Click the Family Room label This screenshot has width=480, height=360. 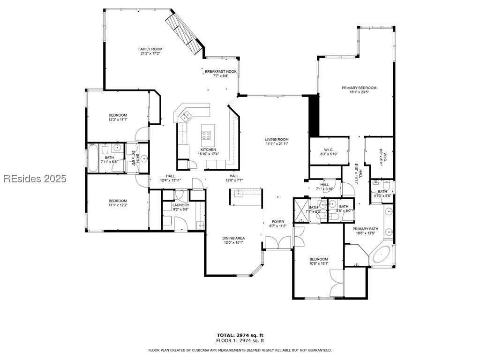pos(150,49)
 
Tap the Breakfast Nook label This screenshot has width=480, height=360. pos(221,72)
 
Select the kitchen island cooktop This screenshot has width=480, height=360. pos(206,135)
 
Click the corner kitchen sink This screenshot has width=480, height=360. pos(186,116)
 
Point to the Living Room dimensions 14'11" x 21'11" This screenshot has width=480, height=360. pos(277,143)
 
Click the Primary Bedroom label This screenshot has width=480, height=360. pos(359,88)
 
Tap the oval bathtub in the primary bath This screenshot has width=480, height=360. pos(382,254)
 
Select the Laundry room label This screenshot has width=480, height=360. pos(181,205)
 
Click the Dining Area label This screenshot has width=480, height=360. pos(233,238)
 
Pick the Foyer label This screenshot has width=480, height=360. pos(278,222)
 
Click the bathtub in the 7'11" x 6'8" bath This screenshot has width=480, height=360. pos(93,158)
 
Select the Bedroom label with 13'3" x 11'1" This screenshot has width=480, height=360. pos(118,115)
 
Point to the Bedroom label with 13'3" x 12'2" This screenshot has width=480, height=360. pos(118,201)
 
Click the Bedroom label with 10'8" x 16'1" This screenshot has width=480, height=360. pos(318,259)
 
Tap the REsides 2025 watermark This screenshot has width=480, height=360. pos(35,179)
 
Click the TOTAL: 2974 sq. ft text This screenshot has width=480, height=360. pos(240,335)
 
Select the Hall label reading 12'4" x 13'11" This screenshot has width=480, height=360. pos(171,176)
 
